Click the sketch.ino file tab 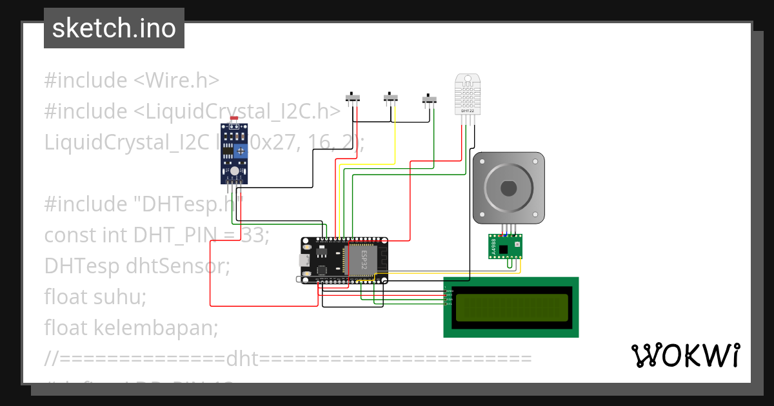[x=114, y=28]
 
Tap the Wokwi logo [x=685, y=355]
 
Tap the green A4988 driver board [x=505, y=246]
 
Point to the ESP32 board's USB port [x=303, y=260]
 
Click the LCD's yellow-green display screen [x=511, y=307]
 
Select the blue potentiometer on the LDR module [x=241, y=151]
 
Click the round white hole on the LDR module [x=234, y=171]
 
